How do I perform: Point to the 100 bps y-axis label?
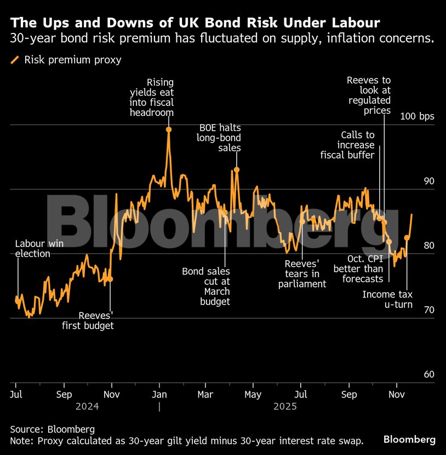(x=417, y=116)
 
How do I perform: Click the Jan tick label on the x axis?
(x=159, y=395)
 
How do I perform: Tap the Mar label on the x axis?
(x=205, y=395)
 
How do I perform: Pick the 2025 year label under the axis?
(x=285, y=407)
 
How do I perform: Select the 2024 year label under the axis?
(x=87, y=407)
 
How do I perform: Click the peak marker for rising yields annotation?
(x=169, y=130)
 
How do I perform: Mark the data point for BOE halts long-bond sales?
(x=237, y=170)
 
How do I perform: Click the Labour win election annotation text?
(x=33, y=249)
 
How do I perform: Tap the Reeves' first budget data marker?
(x=110, y=279)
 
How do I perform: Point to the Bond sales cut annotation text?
(x=206, y=287)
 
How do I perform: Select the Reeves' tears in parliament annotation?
(x=302, y=273)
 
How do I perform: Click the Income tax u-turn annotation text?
(x=387, y=300)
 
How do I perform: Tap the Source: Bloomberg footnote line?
(x=53, y=429)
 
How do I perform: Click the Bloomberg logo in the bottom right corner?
(x=409, y=440)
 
